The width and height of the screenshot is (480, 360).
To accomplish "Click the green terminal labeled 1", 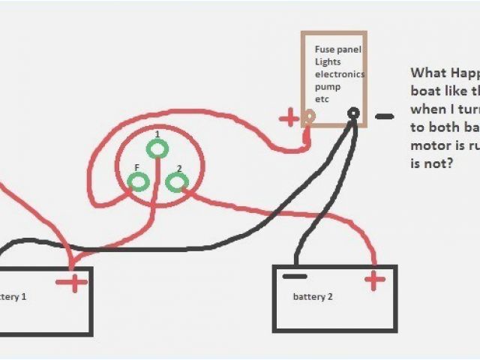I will point(157,149).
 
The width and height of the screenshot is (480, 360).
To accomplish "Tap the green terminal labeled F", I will point(139,181).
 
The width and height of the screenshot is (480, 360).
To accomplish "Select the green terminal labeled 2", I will point(176,181).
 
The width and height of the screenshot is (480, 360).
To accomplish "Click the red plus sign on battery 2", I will point(374,280).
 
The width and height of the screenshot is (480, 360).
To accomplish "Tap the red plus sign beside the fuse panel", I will point(289,117).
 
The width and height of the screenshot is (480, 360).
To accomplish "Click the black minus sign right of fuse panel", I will point(384,117).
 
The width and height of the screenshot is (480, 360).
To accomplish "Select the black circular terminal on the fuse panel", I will point(353,114).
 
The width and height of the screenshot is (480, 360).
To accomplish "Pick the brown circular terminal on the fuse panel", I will point(308,116).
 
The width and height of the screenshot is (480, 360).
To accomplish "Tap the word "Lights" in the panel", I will point(328,61).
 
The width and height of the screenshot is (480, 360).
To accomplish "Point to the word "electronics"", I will point(340,74).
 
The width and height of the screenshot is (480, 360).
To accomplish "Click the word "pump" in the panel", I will point(326,87).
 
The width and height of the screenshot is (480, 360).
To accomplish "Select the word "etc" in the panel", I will point(322,99).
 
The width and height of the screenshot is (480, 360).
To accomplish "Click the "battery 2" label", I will point(312,297).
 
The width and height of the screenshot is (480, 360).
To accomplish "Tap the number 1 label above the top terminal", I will point(157,133).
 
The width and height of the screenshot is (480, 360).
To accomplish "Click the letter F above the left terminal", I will point(136,168).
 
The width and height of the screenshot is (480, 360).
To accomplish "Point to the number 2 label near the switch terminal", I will point(179,168).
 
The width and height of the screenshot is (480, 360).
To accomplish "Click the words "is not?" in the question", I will point(431,161).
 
